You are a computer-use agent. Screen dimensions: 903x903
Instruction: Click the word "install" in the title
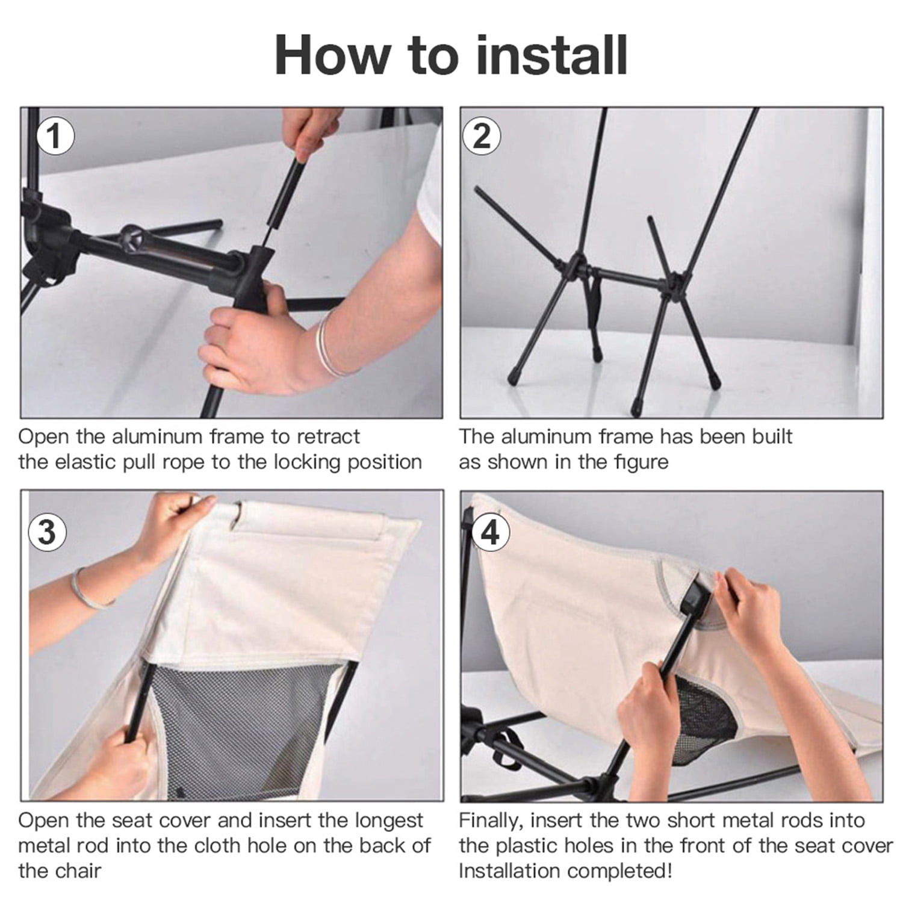tap(551, 55)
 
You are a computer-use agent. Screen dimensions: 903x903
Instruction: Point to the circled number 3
tap(48, 532)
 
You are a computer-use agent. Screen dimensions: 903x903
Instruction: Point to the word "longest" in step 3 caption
tap(389, 822)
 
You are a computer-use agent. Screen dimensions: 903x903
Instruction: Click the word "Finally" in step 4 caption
tap(492, 822)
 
